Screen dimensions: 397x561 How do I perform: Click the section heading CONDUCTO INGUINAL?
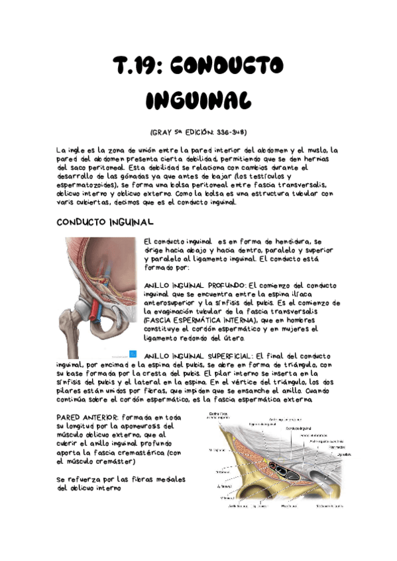click(105, 222)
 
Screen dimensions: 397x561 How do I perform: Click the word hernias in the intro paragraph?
click(322, 160)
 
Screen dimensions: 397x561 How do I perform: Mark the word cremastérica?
click(140, 453)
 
